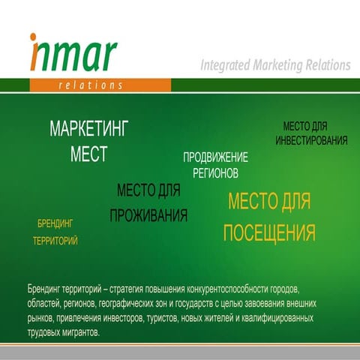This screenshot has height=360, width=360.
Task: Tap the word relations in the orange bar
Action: click(x=90, y=85)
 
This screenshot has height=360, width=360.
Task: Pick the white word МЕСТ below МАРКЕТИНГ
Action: click(x=89, y=154)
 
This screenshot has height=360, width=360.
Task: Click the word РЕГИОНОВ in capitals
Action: click(x=215, y=172)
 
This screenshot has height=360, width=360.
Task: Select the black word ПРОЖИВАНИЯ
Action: click(x=148, y=216)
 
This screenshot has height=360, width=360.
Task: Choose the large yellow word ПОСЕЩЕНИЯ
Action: click(x=268, y=233)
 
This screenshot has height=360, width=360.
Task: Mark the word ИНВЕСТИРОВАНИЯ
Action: click(x=310, y=140)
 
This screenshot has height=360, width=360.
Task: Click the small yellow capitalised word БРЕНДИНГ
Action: click(x=55, y=223)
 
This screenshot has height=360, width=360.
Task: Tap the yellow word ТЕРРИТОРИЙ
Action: click(x=55, y=241)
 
